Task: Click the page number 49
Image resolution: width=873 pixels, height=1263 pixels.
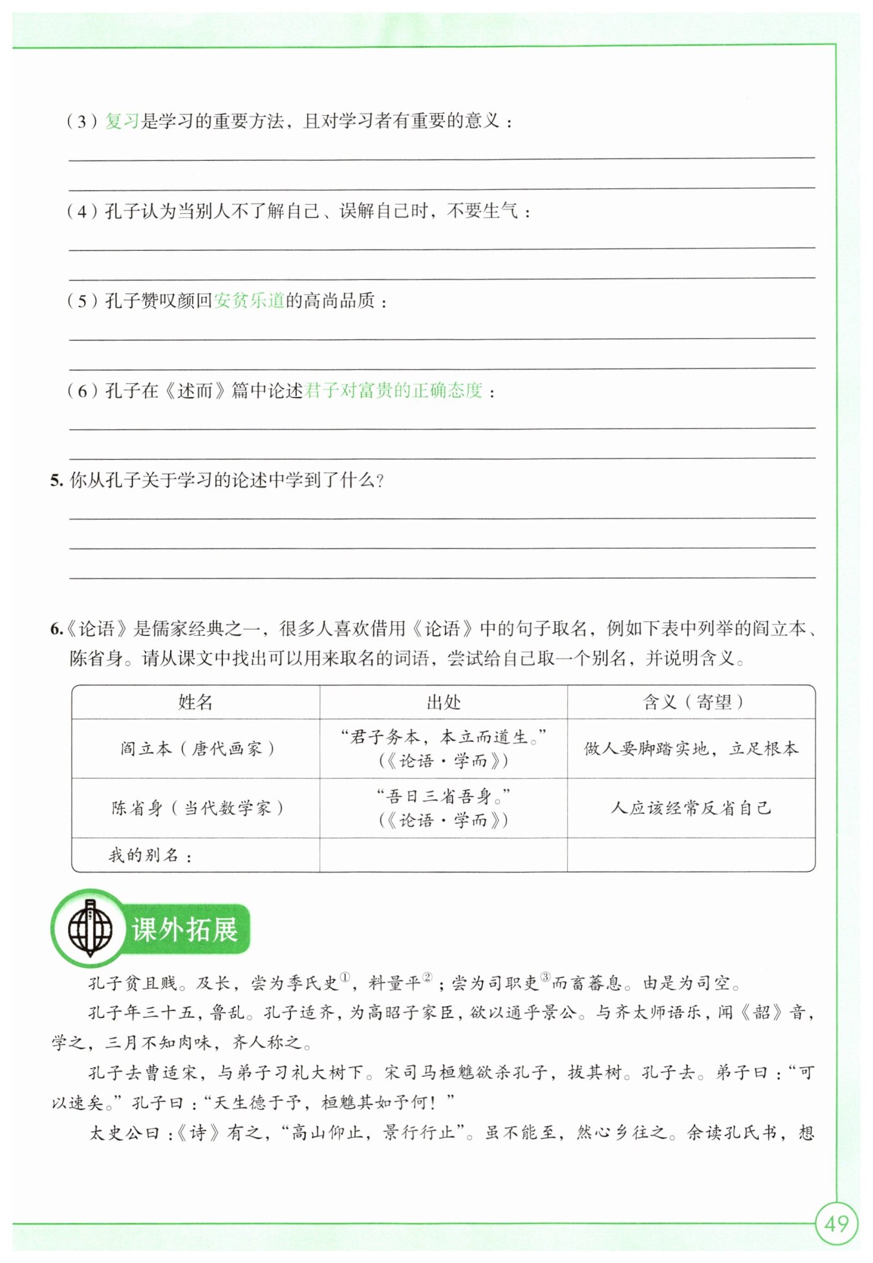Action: tap(836, 1224)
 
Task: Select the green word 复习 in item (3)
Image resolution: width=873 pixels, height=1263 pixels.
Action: tap(122, 121)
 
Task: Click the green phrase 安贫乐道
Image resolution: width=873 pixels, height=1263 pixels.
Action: tap(249, 301)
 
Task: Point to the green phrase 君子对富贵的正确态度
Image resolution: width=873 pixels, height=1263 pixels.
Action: tap(393, 390)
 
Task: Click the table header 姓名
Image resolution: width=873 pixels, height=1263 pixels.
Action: tap(195, 702)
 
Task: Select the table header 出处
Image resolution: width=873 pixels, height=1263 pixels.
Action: tap(444, 702)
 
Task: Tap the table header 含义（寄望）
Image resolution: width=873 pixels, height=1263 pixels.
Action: tap(691, 702)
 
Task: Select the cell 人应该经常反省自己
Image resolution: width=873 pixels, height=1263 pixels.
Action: tap(691, 808)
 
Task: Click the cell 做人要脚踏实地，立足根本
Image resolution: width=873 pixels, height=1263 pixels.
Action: tap(691, 748)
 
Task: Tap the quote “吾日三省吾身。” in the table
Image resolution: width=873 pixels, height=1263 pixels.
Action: tap(444, 797)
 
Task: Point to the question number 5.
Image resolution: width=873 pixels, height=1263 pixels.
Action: tap(56, 480)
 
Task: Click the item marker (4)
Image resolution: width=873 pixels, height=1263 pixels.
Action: tap(82, 211)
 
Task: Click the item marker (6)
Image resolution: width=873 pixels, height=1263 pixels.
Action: tap(82, 390)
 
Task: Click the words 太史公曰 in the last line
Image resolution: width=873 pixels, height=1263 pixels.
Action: tap(124, 1133)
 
